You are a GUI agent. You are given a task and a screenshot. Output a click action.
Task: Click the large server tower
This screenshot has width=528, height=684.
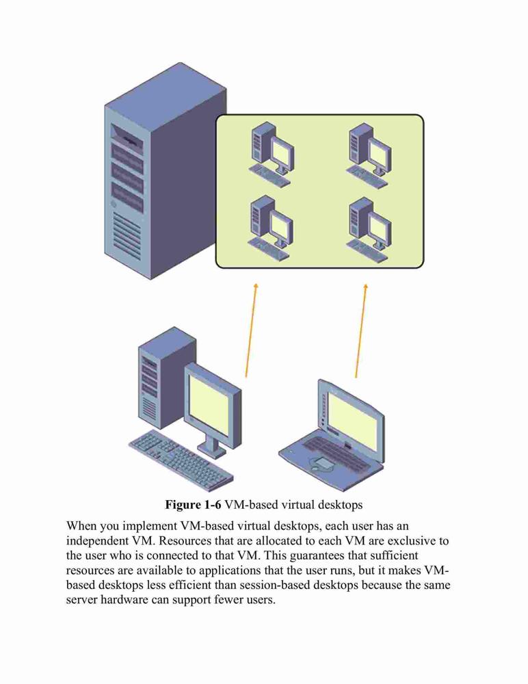coord(165,170)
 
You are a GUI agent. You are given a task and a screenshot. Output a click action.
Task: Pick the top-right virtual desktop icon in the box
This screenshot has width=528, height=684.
coord(369,155)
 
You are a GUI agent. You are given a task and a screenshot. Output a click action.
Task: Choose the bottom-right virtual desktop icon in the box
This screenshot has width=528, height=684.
coord(369,229)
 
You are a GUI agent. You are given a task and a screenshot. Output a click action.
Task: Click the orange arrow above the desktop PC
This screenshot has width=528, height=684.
coord(251,330)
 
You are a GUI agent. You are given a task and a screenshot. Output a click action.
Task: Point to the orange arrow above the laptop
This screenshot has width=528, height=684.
coord(361,330)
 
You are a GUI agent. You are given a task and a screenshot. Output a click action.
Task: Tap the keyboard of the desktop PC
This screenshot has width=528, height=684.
coord(181,460)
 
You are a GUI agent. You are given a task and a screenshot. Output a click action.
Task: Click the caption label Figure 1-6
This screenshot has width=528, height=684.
coord(193,505)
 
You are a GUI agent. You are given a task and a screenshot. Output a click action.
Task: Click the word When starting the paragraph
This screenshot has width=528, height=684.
coord(81,525)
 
